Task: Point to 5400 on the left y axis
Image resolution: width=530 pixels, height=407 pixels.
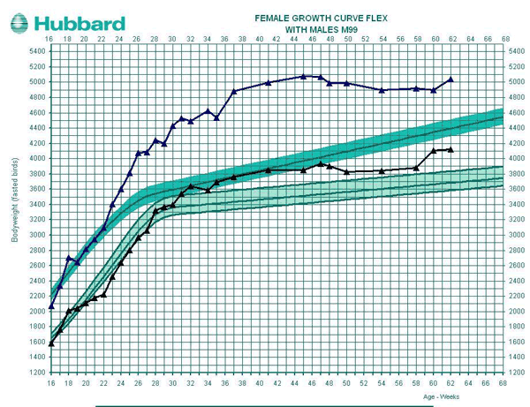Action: pos(36,51)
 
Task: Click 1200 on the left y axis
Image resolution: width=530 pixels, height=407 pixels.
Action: pos(36,373)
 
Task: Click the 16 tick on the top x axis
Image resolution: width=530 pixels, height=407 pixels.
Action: pos(50,40)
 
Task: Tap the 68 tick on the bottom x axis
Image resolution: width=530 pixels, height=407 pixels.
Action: pos(503,383)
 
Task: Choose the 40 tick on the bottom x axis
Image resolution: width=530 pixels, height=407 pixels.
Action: pos(260,383)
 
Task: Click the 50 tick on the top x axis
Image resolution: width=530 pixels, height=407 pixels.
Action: pos(347,40)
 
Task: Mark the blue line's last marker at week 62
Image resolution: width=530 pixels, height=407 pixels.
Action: pos(450,79)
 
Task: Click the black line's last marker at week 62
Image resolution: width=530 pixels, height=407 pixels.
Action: pos(450,149)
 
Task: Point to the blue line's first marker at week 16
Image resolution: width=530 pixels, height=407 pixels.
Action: pos(51,306)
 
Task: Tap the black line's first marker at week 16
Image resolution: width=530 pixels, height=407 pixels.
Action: pos(51,343)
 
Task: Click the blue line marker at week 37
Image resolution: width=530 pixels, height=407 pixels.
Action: pos(234,91)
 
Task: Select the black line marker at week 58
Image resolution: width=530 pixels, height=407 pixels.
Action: pos(416,168)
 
